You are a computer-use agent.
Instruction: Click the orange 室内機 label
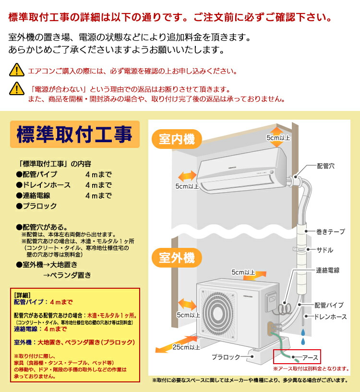click(177, 139)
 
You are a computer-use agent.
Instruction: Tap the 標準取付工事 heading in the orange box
click(74, 135)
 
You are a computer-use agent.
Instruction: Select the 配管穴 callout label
click(326, 166)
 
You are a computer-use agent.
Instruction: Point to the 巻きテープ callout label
click(330, 232)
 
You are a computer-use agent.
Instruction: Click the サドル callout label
click(324, 250)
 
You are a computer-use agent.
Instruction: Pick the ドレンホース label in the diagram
click(330, 317)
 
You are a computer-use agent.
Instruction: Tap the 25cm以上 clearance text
click(186, 347)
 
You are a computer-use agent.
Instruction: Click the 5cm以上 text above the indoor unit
click(278, 138)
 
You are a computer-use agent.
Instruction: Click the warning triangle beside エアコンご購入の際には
click(17, 70)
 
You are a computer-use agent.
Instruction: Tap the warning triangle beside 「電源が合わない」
click(17, 88)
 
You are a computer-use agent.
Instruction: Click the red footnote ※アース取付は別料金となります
click(311, 368)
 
